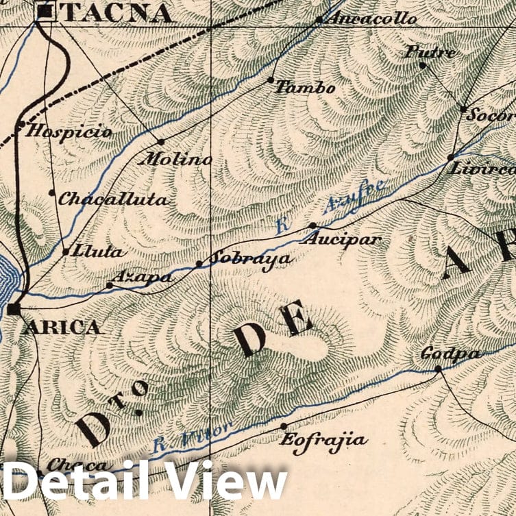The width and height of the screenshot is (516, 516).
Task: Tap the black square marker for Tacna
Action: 45,11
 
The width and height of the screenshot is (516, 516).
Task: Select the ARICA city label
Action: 63,327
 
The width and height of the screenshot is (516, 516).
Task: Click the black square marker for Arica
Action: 14,310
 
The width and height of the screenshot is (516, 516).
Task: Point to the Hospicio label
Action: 69,131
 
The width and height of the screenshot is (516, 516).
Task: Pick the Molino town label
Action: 175,160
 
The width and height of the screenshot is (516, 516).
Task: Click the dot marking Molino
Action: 161,142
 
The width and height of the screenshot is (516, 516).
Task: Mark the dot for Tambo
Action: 271,80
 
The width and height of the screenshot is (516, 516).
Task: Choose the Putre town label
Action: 430,51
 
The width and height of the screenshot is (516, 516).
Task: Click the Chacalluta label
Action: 113,199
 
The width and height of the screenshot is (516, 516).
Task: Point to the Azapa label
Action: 142,278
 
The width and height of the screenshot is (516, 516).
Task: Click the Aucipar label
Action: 340,241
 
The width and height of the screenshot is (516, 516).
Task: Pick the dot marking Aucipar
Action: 312,225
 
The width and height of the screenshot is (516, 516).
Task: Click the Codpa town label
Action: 450,354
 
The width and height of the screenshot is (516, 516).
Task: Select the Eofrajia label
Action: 323,439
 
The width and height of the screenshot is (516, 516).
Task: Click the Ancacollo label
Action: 373,19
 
